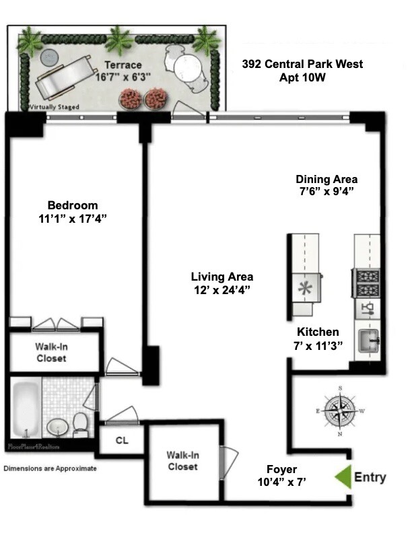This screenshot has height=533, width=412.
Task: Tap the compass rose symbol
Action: pyautogui.click(x=339, y=411)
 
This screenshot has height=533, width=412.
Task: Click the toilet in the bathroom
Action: pyautogui.click(x=81, y=425)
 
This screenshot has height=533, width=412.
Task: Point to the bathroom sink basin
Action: pyautogui.click(x=57, y=427)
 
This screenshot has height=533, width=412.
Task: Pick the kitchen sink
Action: pyautogui.click(x=368, y=341)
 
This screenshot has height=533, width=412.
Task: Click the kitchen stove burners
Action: pyautogui.click(x=366, y=283)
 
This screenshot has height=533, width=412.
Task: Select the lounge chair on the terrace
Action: pyautogui.click(x=65, y=77)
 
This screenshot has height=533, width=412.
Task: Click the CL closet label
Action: pyautogui.click(x=122, y=440)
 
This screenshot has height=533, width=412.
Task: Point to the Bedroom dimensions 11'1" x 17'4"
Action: pyautogui.click(x=73, y=219)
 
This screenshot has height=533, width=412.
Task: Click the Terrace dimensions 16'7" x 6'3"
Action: pyautogui.click(x=123, y=77)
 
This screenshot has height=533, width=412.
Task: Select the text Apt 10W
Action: pyautogui.click(x=302, y=77)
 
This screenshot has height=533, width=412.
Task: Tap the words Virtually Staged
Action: pyautogui.click(x=55, y=107)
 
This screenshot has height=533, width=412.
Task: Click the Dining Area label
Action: pyautogui.click(x=327, y=179)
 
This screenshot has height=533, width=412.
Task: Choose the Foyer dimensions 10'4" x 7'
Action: pyautogui.click(x=282, y=482)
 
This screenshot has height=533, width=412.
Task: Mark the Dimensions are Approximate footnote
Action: pyautogui.click(x=50, y=468)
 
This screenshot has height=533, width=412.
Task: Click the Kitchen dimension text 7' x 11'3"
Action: pyautogui.click(x=318, y=346)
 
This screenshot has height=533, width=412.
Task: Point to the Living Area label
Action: pyautogui.click(x=222, y=277)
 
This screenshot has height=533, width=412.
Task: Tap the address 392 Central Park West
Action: pyautogui.click(x=302, y=64)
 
